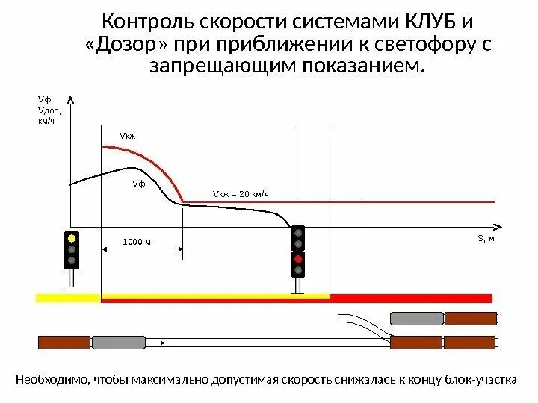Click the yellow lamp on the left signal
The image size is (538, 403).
72,238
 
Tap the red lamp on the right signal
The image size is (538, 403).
298,258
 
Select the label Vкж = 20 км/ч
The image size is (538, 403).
240,195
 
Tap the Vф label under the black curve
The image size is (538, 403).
139,184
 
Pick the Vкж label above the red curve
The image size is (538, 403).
129,136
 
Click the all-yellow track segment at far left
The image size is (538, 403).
68,298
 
